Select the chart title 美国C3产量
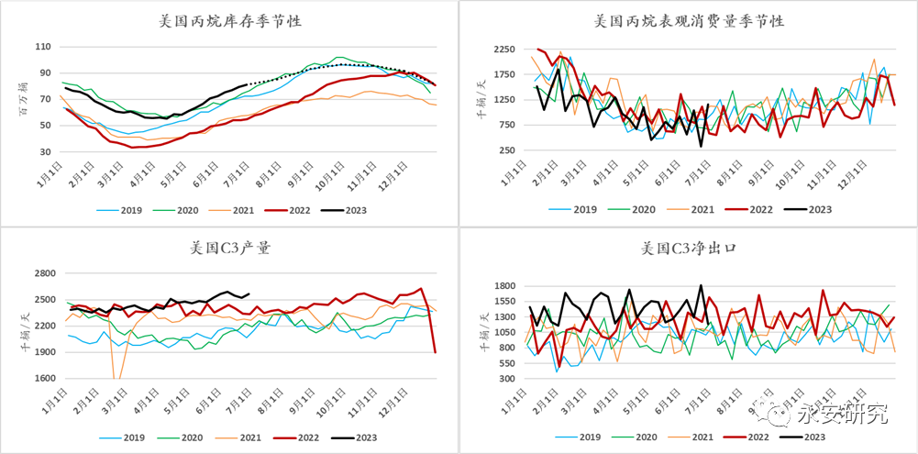pyautogui.click(x=229, y=248)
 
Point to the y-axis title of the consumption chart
pyautogui.click(x=479, y=99)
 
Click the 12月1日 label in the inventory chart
pyautogui.click(x=398, y=172)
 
